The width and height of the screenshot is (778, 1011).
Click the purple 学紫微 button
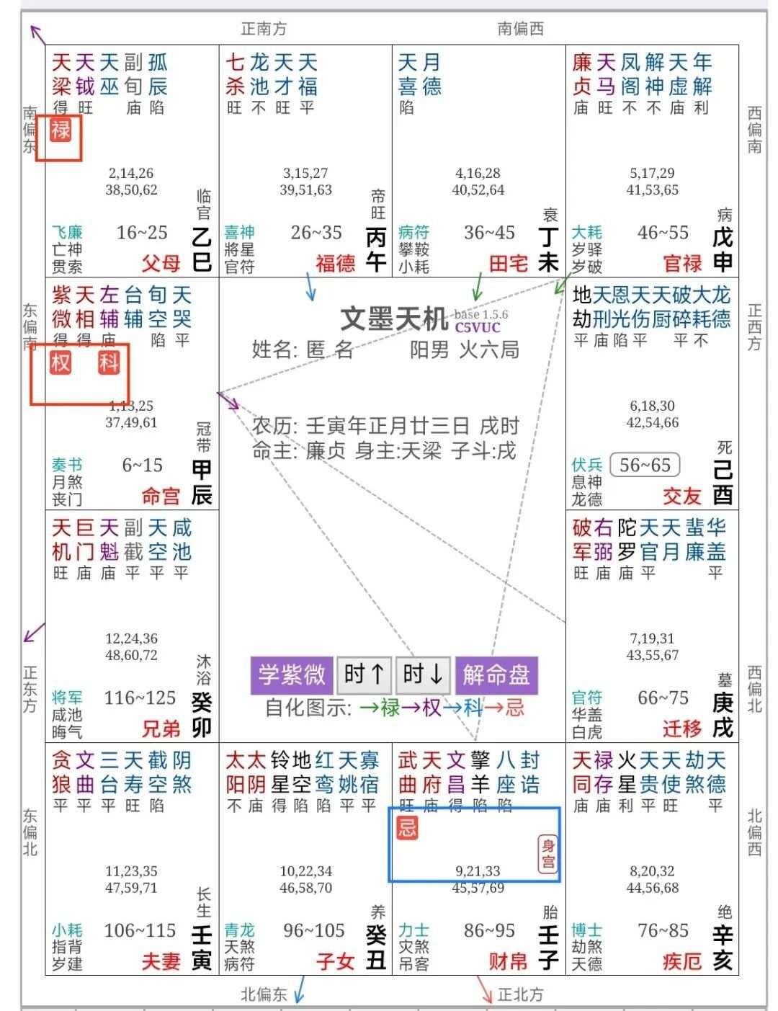[292, 675]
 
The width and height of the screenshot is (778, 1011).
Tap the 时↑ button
[365, 675]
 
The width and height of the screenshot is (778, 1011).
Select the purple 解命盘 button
[496, 675]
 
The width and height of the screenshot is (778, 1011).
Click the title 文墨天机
[393, 319]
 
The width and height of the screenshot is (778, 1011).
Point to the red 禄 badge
[61, 130]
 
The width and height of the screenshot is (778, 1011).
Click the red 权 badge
[61, 362]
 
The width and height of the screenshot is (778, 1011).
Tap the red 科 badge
[109, 362]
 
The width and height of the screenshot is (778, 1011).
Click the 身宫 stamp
[548, 854]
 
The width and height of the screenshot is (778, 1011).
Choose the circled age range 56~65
[645, 466]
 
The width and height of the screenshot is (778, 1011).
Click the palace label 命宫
[161, 496]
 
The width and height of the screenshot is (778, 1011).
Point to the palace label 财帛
[508, 961]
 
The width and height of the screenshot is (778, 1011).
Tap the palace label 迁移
[682, 729]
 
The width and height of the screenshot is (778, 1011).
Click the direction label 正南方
[264, 29]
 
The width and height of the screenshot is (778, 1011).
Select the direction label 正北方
[520, 995]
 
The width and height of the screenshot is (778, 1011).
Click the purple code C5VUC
[477, 327]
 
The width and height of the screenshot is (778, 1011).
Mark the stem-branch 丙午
[376, 249]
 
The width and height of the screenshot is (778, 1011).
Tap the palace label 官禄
[682, 264]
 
